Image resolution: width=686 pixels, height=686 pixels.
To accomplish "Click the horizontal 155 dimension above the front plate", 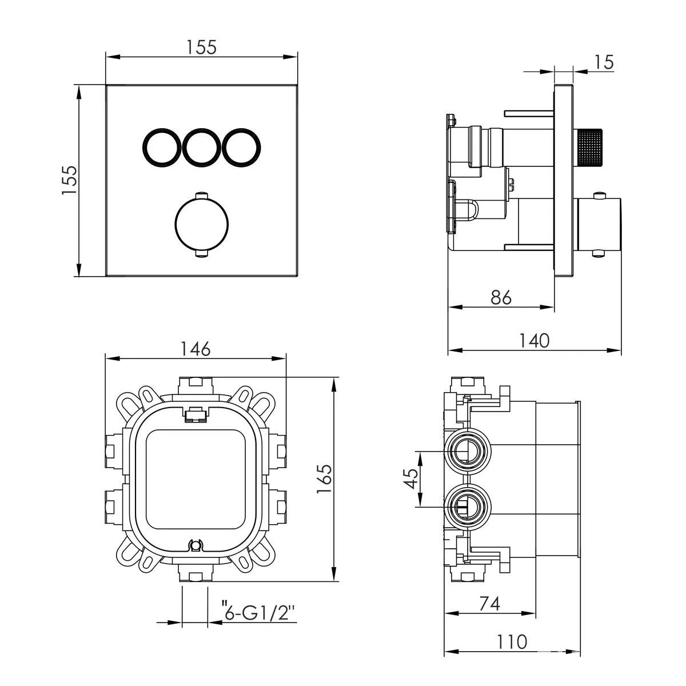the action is [x=201, y=47].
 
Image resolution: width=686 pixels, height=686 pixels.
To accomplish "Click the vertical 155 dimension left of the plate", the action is [x=69, y=180].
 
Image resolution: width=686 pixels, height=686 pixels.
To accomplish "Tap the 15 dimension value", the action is [x=604, y=62].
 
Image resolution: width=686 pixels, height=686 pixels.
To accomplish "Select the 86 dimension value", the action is [x=501, y=297].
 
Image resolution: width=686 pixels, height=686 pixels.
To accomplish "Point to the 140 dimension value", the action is [x=535, y=341].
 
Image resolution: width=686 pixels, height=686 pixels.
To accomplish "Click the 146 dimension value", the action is [x=196, y=349].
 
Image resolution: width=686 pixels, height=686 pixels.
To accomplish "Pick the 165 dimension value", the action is [x=324, y=479].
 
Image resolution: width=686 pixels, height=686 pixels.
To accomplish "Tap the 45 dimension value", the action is [x=411, y=479].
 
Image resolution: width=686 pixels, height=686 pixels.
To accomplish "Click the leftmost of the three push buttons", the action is [x=161, y=147].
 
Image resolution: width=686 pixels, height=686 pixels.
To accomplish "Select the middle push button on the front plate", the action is [x=201, y=147].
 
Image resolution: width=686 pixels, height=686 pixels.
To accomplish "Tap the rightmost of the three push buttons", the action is [x=241, y=147].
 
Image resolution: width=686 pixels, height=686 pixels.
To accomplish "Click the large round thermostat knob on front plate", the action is [x=201, y=224].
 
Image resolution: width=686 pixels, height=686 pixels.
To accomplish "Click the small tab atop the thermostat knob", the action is [x=201, y=195].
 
